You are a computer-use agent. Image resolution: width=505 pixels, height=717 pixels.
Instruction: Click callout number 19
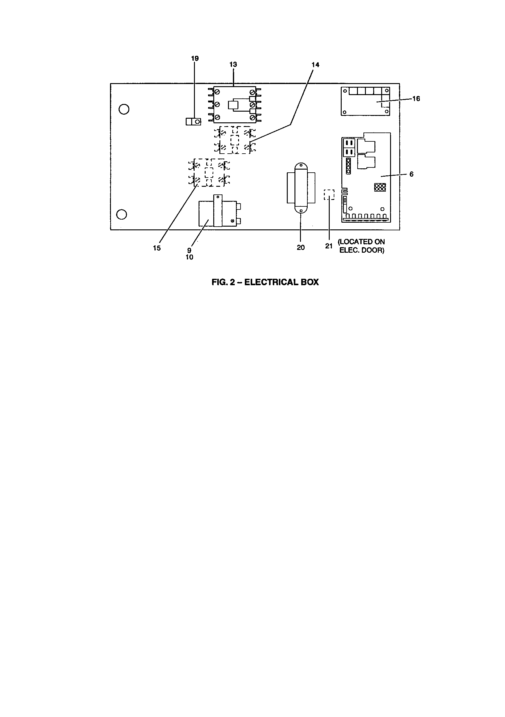(195, 58)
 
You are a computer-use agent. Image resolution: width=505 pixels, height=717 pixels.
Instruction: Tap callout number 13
(233, 64)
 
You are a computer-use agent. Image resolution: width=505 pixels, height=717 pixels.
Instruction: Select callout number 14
(315, 65)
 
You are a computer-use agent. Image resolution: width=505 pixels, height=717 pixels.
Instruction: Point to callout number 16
(416, 99)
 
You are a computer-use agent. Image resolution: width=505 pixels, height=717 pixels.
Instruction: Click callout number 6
(411, 174)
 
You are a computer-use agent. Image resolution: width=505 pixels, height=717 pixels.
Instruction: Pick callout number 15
(157, 248)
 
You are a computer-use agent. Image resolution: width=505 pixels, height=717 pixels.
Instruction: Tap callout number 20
(301, 248)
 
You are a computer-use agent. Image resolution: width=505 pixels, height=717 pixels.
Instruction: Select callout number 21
(329, 246)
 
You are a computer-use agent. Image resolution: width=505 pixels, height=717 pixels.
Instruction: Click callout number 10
(189, 257)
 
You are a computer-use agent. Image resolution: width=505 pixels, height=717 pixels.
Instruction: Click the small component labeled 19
(193, 121)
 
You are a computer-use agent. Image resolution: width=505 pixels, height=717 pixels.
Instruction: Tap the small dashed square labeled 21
(329, 194)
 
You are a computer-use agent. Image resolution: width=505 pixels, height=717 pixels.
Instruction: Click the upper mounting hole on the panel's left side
(124, 109)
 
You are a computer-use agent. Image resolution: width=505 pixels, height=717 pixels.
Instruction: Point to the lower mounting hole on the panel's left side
(121, 214)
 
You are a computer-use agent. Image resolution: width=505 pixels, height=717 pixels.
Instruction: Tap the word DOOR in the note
(373, 251)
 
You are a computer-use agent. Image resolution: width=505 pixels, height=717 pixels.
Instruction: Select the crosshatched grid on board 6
(380, 187)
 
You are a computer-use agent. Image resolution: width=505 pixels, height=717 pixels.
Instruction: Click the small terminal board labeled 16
(366, 101)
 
